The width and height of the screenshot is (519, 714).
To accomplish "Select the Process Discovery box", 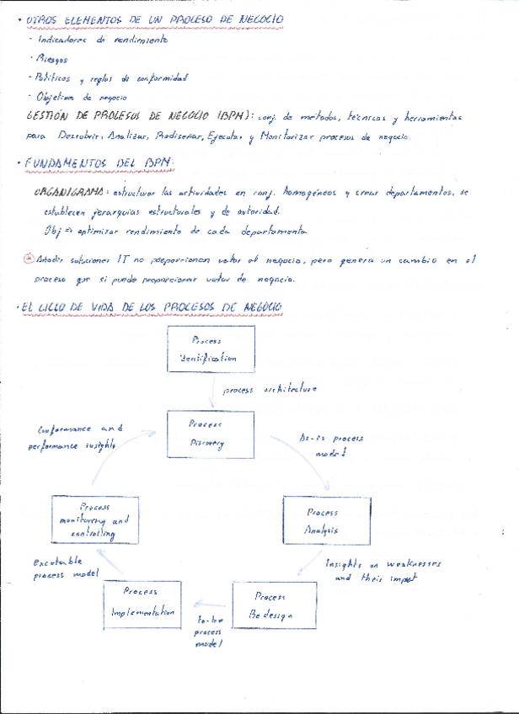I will click(207, 434).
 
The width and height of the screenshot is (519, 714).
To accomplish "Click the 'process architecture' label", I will click(270, 389).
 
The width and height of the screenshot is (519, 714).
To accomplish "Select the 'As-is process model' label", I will click(332, 445).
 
